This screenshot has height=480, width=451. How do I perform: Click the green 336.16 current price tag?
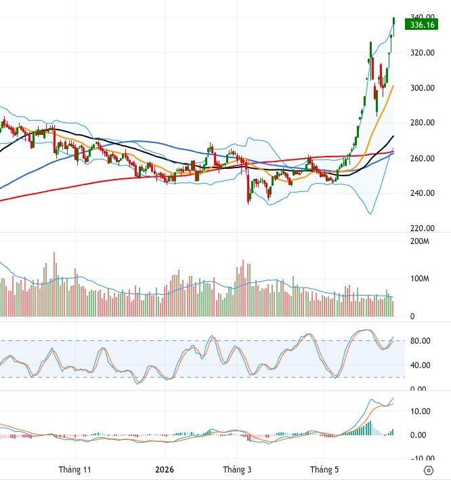point(421,24)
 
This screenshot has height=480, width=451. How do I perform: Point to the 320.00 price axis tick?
point(423,53)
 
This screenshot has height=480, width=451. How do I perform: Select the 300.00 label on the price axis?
point(423,88)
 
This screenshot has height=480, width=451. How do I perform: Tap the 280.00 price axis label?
point(423,123)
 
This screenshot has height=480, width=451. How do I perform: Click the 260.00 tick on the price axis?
point(423,158)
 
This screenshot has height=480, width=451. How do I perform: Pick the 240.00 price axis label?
point(423,193)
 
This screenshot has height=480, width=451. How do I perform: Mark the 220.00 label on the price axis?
point(423,228)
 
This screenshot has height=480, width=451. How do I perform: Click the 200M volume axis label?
point(419,241)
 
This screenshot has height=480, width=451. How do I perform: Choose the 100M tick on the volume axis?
point(419,279)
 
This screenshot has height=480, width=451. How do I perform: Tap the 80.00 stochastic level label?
point(420,341)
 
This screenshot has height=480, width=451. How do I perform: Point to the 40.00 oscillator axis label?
point(420,365)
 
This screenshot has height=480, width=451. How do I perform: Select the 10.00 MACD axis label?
point(420,411)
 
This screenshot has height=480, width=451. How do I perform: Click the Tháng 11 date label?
point(74,470)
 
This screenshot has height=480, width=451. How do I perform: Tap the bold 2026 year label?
point(165,470)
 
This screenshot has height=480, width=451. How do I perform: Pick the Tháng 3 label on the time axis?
point(237,470)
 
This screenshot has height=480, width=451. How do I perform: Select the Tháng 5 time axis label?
point(324,470)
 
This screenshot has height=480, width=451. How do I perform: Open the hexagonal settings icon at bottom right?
point(429,471)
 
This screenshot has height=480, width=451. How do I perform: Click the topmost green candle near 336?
point(394,22)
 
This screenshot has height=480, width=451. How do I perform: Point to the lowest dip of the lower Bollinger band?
point(370,214)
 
